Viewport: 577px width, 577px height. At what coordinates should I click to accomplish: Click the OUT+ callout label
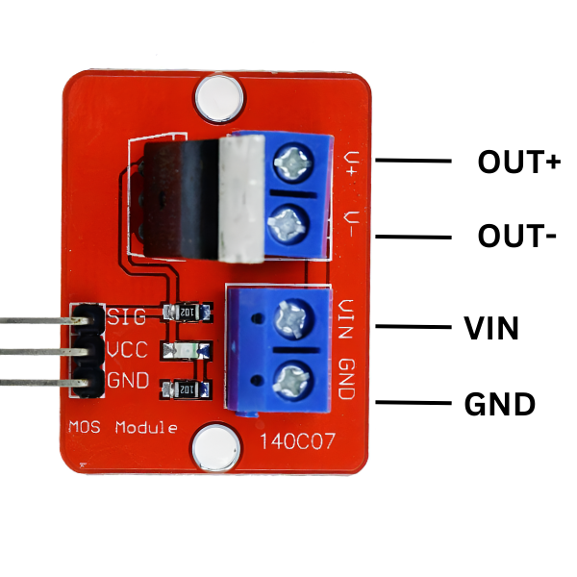(518, 162)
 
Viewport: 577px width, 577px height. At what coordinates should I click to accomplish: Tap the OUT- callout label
(517, 235)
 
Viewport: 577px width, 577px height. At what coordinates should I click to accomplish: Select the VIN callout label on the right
(491, 330)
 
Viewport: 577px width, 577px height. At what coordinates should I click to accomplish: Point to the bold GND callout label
(499, 405)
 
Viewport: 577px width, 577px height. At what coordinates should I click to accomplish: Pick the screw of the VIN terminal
(288, 315)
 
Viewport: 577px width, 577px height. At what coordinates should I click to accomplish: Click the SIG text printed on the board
(128, 316)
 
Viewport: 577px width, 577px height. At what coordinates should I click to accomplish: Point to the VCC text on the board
(128, 349)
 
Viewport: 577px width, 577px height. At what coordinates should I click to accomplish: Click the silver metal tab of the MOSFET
(241, 199)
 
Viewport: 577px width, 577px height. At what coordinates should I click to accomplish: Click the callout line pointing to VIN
(414, 327)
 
